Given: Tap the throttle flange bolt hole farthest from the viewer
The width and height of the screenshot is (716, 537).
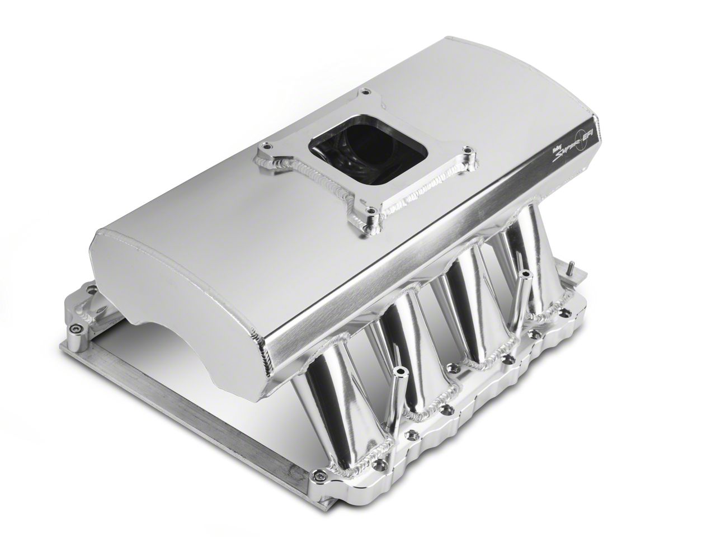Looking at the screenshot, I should pos(365,92).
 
